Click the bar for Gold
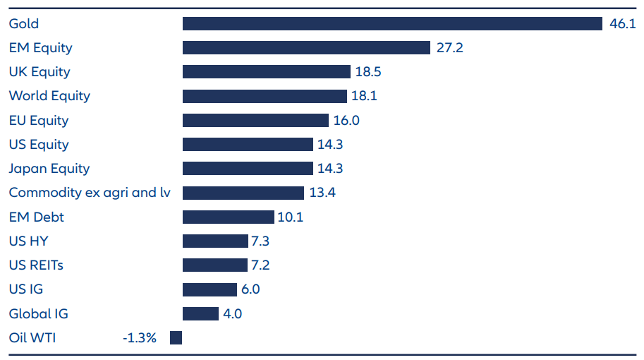392,24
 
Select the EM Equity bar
306,48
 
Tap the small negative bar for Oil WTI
176,338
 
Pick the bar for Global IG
200,314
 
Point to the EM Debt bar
228,217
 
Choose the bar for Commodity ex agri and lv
243,193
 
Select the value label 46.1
621,24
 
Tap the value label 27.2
449,48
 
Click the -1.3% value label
140,338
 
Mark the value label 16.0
346,121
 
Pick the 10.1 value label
290,217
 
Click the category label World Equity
49,96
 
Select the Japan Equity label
49,169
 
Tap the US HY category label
28,241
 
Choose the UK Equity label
40,72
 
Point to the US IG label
26,289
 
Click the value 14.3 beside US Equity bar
331,145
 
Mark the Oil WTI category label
32,338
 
